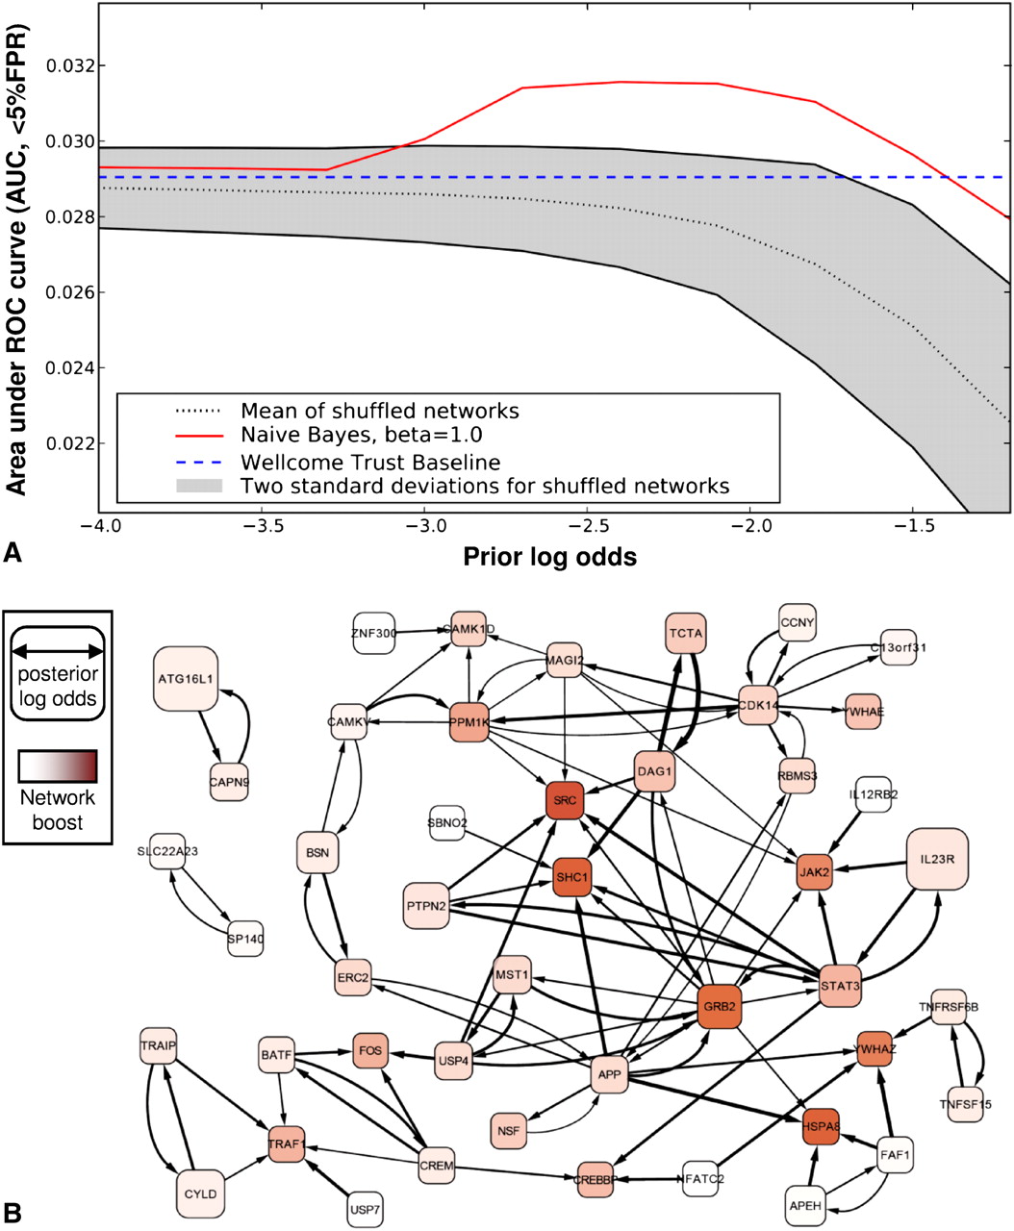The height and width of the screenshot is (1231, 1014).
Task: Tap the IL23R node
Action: (936, 859)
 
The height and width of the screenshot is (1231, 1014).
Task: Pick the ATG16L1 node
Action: (186, 678)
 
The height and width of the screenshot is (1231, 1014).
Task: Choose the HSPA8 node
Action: (828, 1126)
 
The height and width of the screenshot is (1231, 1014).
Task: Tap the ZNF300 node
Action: (376, 632)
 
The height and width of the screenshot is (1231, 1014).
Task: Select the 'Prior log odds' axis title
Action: (549, 557)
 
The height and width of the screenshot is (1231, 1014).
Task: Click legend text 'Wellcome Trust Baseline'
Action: (369, 463)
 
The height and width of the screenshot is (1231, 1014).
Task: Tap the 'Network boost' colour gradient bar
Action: (58, 766)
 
